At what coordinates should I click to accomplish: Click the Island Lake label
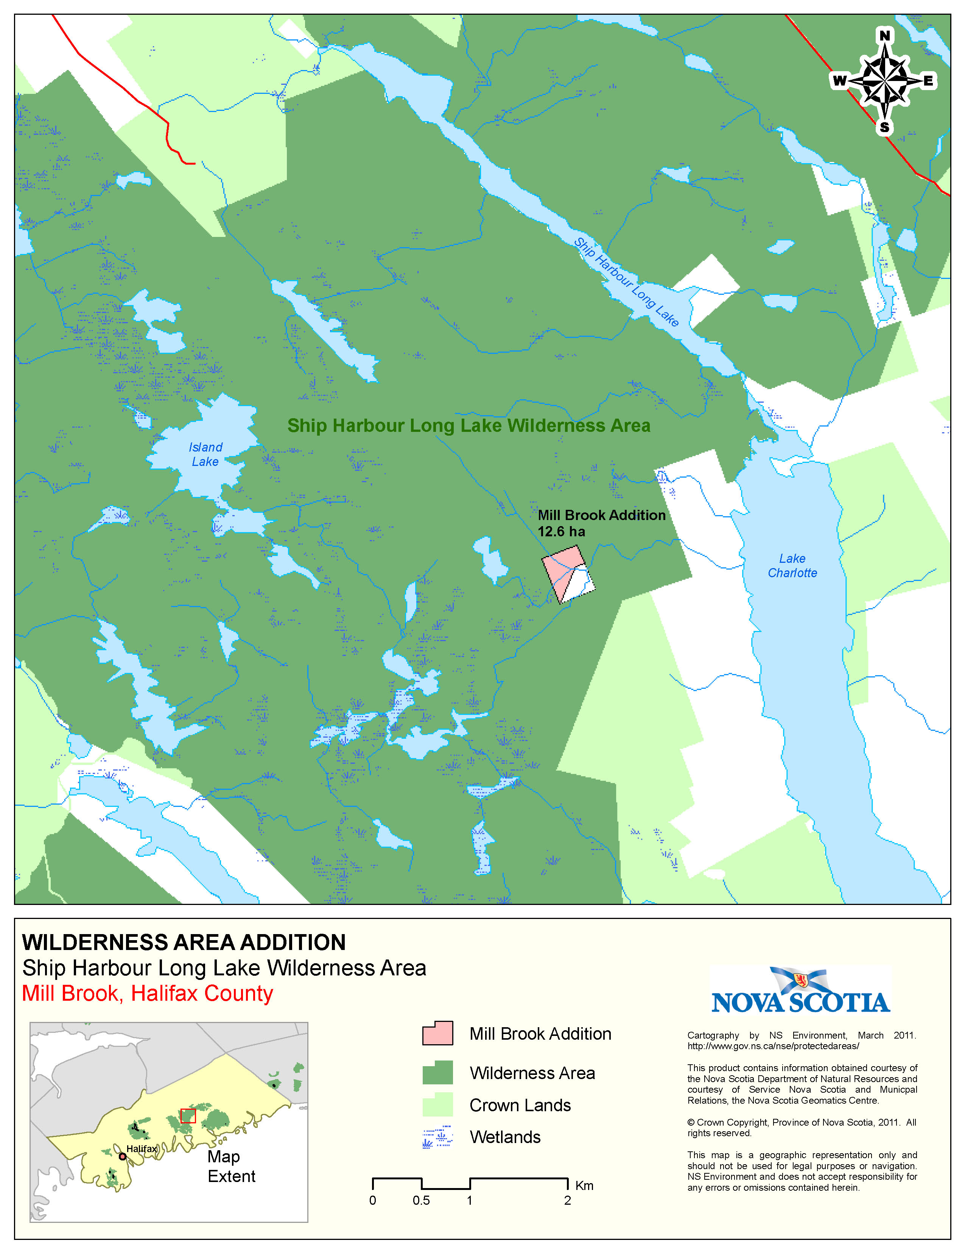point(205,455)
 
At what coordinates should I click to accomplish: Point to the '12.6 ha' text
point(561,532)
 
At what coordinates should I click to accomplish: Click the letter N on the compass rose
point(884,36)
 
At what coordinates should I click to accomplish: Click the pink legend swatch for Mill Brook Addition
point(437,1033)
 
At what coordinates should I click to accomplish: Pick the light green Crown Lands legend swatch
point(437,1104)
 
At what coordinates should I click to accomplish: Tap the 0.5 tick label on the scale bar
point(421,1201)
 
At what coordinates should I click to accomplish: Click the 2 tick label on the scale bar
point(567,1201)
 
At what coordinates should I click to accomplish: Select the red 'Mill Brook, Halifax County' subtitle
point(148,994)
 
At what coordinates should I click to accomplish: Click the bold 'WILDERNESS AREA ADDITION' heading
point(184,942)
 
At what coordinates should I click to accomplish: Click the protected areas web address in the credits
point(772,1046)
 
